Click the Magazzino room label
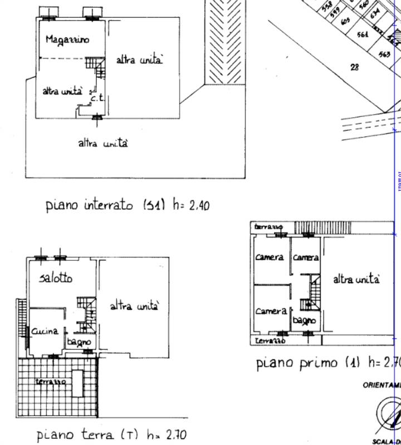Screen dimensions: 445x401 coord(67,39)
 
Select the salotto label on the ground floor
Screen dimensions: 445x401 coord(56,278)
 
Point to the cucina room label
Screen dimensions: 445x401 coord(45,331)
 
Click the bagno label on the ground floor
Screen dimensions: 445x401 coord(79,341)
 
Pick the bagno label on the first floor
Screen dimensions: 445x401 coord(304,320)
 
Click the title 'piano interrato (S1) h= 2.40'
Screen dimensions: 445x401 coord(127,205)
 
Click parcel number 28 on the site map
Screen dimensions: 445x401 coord(355,67)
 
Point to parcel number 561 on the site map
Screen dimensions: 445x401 coord(363,34)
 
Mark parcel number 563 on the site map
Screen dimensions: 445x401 coord(384,54)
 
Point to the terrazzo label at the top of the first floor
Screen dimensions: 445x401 coord(268,227)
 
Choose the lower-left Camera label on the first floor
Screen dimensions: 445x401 coord(271,311)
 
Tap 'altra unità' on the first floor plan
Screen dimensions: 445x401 coord(356,279)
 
